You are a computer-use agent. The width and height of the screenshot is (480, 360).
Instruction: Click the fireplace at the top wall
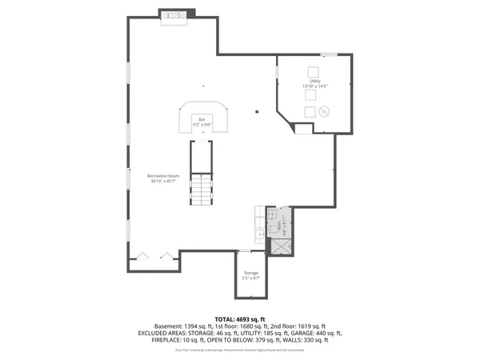tap(176, 16)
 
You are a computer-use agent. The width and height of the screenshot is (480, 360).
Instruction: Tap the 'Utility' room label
tap(314, 81)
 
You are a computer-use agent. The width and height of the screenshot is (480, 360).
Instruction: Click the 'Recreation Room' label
tap(162, 175)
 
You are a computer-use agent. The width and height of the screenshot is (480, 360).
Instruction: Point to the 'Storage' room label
tap(250, 273)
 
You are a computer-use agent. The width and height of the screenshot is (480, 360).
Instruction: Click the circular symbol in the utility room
tap(324, 111)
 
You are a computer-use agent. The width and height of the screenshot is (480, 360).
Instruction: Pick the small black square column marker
tap(257, 111)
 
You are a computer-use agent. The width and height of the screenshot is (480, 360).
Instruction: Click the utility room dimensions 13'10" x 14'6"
tap(315, 86)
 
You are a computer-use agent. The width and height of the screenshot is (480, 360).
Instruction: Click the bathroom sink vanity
tap(260, 218)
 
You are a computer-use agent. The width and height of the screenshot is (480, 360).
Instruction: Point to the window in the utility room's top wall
tap(329, 54)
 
